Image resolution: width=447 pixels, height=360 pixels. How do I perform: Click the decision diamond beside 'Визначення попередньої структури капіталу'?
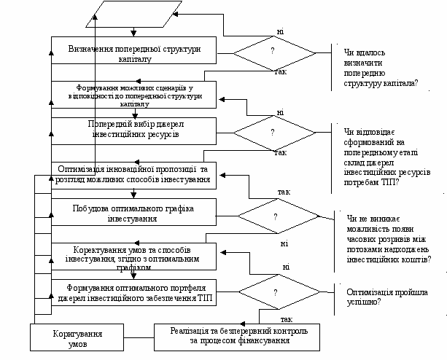point(273,52)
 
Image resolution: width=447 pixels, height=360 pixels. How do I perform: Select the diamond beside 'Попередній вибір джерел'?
point(273,133)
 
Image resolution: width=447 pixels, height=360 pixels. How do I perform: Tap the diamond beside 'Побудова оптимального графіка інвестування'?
point(276,216)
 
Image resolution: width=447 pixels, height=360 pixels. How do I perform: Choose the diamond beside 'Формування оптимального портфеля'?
point(276,291)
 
